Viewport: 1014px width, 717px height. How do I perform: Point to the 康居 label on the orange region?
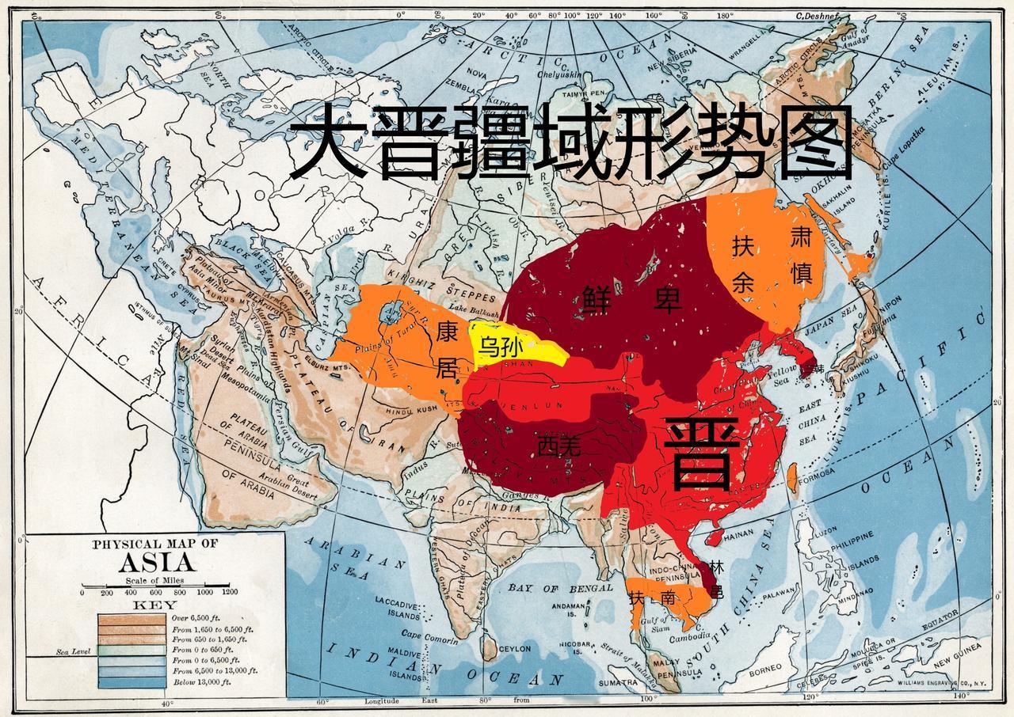[x=448, y=351]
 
